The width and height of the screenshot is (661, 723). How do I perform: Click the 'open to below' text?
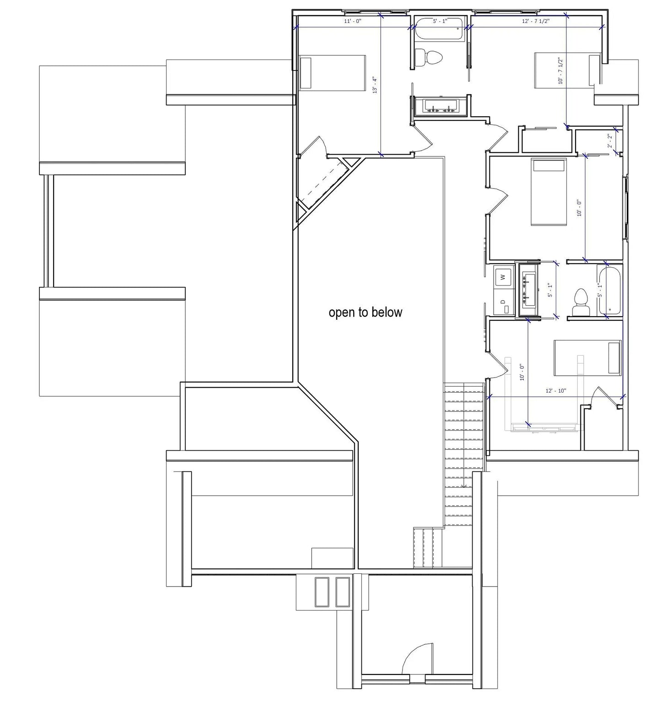pos(365,313)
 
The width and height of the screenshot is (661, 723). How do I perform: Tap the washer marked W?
pos(503,277)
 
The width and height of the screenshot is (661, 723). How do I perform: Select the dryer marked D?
pos(503,304)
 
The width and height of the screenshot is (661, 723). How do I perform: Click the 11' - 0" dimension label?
pos(353,21)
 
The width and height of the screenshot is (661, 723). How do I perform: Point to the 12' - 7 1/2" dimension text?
pos(536,21)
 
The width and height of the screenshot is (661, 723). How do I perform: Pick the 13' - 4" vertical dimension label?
pos(376,86)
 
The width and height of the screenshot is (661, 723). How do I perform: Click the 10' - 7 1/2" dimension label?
pos(560,71)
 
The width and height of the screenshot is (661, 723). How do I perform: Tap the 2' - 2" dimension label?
pos(609,140)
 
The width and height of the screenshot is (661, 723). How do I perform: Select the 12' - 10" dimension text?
pos(556,391)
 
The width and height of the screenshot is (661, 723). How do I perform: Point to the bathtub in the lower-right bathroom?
pos(610,291)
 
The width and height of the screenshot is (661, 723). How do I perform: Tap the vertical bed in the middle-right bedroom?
pos(548,192)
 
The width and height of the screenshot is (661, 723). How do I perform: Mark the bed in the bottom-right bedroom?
pos(587,357)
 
